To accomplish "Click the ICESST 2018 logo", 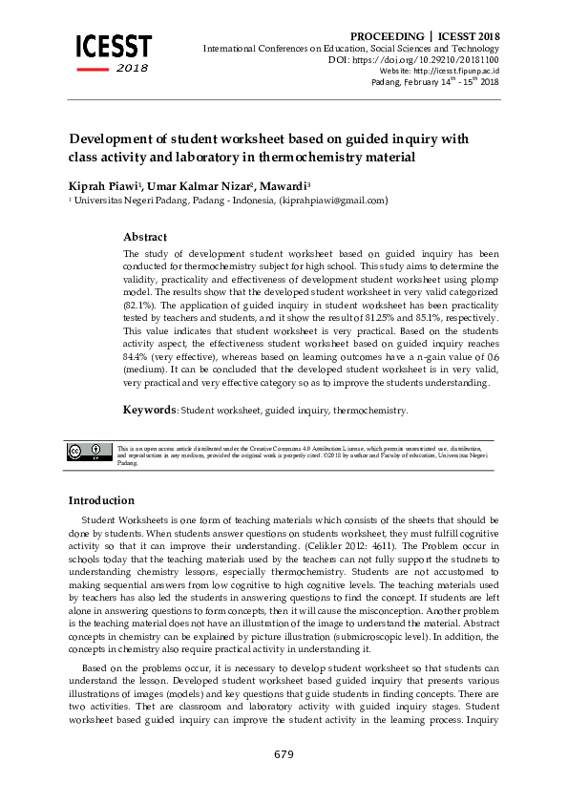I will click(x=113, y=53).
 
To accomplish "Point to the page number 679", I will click(x=284, y=754).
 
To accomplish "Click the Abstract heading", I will click(x=145, y=237).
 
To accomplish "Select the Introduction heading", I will click(x=101, y=500).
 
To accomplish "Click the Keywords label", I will click(x=150, y=410).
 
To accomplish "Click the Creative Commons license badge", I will click(x=90, y=452).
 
